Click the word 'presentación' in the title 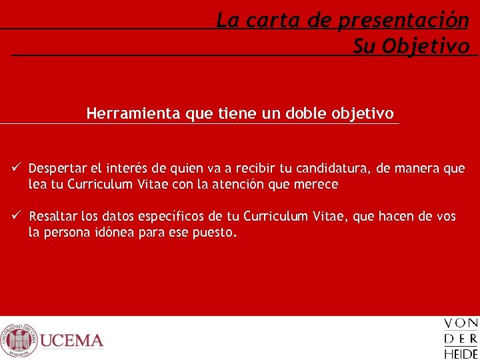(x=403, y=21)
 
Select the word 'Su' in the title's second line (x=365, y=46)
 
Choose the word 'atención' (x=239, y=185)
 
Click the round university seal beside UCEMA (x=18, y=340)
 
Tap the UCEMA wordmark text (x=71, y=341)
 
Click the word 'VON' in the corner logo (x=461, y=324)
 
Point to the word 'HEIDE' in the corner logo (x=461, y=353)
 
